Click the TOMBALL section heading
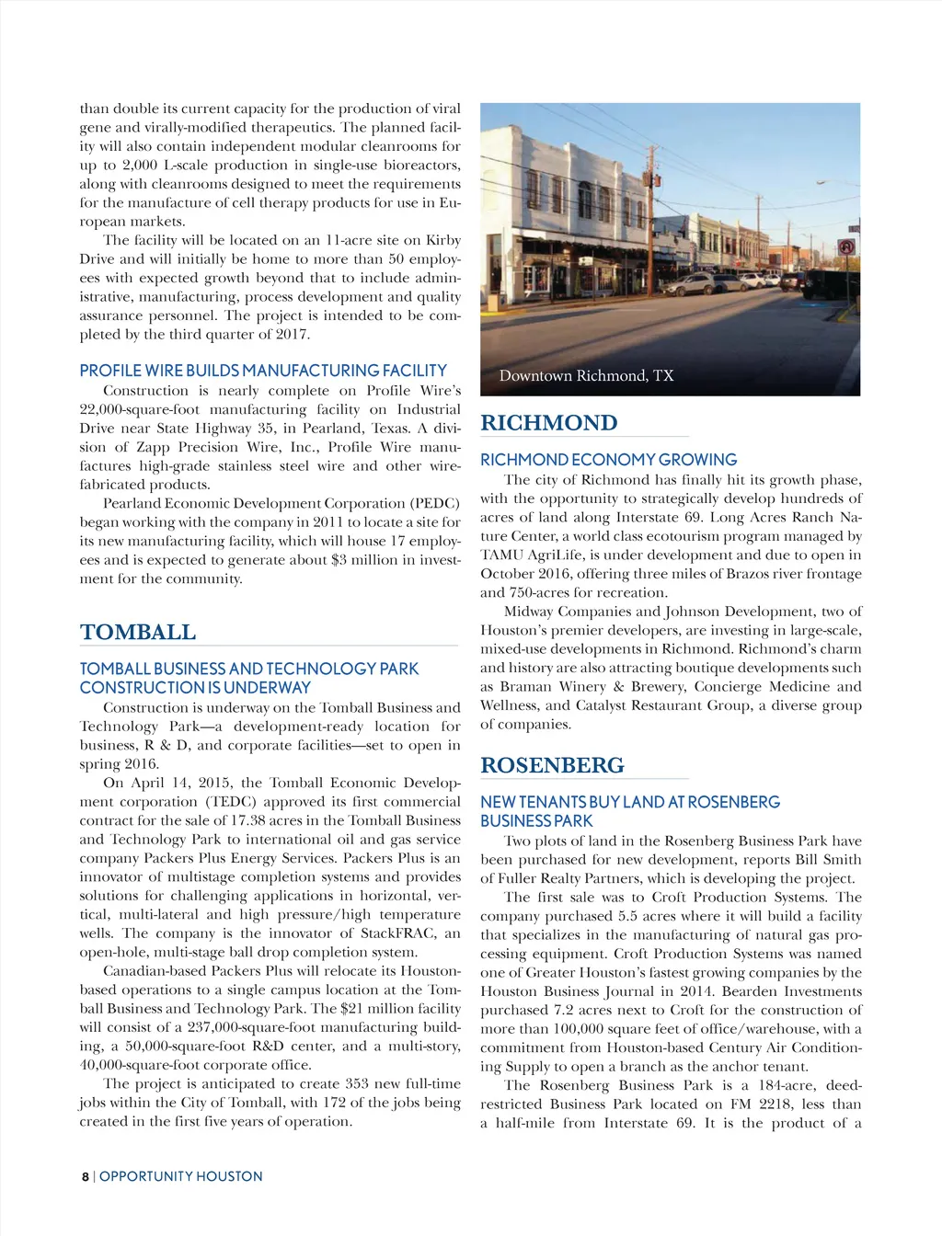pos(138,633)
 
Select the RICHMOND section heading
pos(549,423)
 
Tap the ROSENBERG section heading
pos(552,765)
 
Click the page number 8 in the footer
pos(85,1176)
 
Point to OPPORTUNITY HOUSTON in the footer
pos(181,1176)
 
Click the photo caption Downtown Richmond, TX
pos(586,375)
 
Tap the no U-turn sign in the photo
pos(845,247)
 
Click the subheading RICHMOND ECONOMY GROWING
pos(608,460)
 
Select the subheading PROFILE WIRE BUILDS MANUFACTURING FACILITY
pos(263,371)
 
